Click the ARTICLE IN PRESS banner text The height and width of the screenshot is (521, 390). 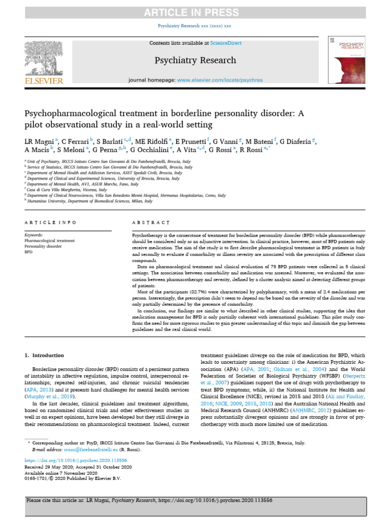[195, 13]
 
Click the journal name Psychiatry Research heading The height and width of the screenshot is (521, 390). [195, 61]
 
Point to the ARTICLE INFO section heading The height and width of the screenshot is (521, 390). [51, 223]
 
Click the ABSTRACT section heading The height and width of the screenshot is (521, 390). [151, 223]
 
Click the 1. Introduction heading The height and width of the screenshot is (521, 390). [45, 354]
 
